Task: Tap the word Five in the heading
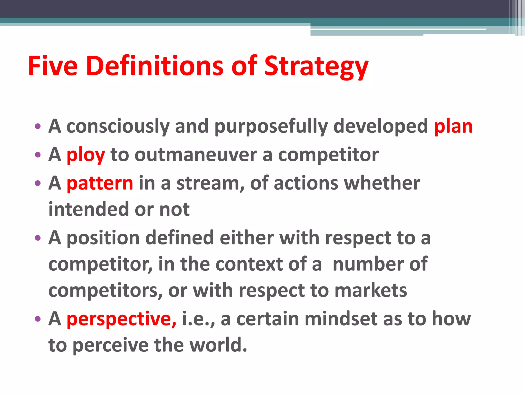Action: pos(53,66)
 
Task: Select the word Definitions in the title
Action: pos(155,66)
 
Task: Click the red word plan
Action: pos(453,127)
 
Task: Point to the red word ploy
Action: pos(86,155)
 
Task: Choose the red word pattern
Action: pos(100,183)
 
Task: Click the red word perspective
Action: pos(121,319)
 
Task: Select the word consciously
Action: pos(118,127)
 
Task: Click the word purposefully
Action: pos(271,127)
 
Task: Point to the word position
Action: pos(103,238)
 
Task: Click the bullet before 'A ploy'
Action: pos(38,155)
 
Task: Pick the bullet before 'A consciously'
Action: pos(38,126)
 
